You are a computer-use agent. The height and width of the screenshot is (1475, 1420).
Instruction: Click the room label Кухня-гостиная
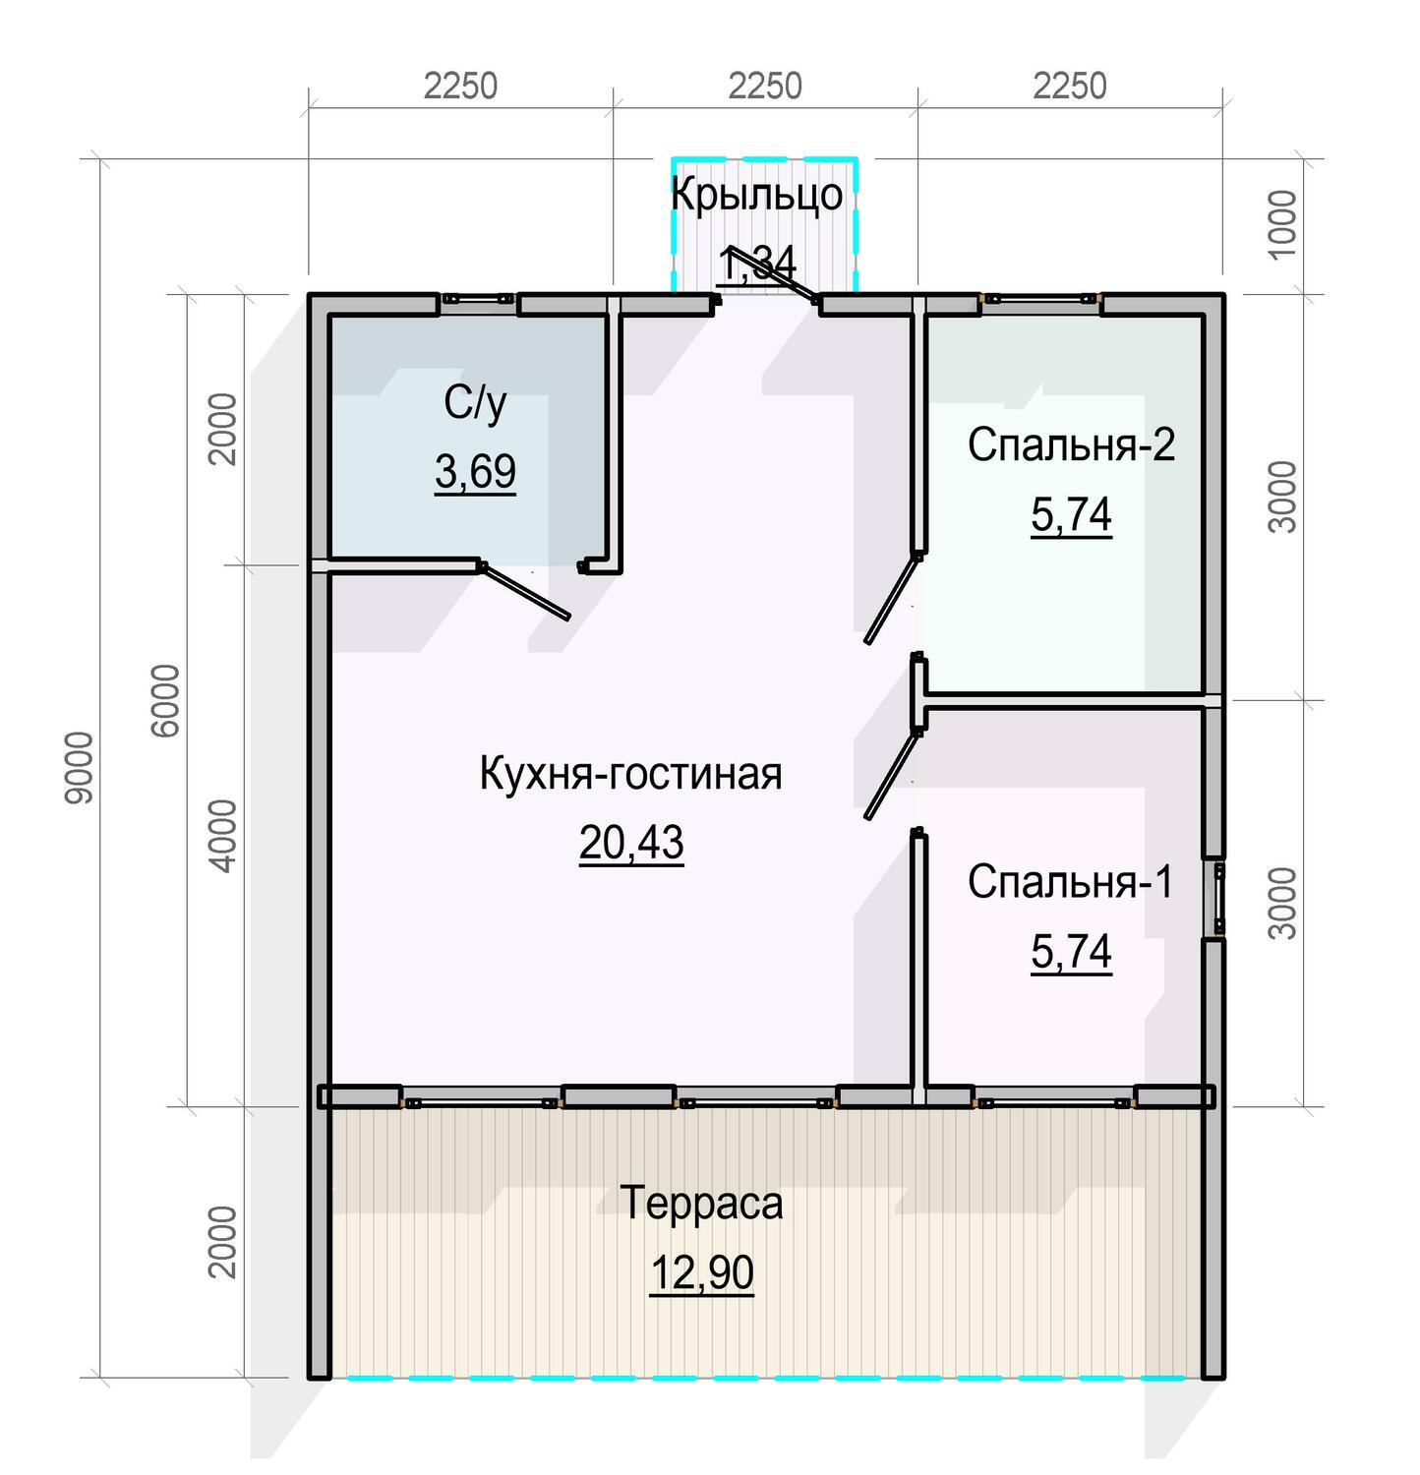[x=630, y=774]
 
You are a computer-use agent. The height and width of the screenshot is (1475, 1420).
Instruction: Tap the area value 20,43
[x=630, y=843]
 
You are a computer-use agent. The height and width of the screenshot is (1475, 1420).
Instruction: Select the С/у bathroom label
[x=475, y=402]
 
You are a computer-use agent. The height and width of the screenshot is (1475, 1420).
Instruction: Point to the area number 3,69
[x=475, y=472]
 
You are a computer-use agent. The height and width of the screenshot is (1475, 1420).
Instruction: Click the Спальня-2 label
[x=1071, y=444]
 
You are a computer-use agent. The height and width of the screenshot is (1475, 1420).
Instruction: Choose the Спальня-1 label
[x=1070, y=882]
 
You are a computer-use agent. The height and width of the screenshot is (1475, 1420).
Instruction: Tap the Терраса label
[x=701, y=1203]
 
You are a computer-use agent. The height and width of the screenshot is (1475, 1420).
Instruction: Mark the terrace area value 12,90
[x=701, y=1272]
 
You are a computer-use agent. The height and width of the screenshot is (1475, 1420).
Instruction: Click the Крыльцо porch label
[x=756, y=194]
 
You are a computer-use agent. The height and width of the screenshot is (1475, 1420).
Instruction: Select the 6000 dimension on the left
[x=166, y=700]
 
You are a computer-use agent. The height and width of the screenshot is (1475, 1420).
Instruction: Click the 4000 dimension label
[x=224, y=836]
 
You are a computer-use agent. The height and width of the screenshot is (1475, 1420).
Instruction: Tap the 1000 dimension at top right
[x=1282, y=224]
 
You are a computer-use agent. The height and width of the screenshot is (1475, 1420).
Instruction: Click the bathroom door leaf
[x=524, y=591]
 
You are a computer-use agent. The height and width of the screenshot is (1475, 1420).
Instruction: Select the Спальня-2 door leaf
[x=891, y=598]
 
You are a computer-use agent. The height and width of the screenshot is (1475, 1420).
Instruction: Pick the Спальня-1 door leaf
[x=891, y=774]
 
